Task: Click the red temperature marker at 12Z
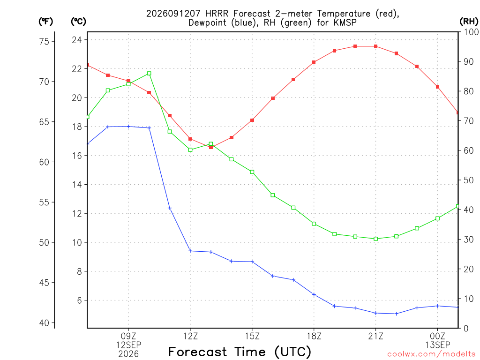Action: pos(190,139)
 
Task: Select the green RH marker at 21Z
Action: pos(376,239)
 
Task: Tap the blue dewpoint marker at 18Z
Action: pos(314,294)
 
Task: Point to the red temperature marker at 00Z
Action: pos(438,87)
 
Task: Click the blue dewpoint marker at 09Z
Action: pos(128,127)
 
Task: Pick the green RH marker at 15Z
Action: pos(252,172)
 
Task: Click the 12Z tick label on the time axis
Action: pos(190,336)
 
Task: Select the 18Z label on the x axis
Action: pos(314,336)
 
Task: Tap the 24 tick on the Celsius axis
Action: pos(77,40)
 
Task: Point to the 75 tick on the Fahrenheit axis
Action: pos(44,41)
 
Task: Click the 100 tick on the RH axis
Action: pos(471,32)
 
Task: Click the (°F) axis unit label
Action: pos(45,22)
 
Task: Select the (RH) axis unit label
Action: pos(469,22)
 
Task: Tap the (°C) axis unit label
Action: pos(79,22)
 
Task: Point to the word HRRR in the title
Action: pos(217,14)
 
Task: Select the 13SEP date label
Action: pos(438,345)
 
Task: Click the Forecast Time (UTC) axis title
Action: pos(240,352)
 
